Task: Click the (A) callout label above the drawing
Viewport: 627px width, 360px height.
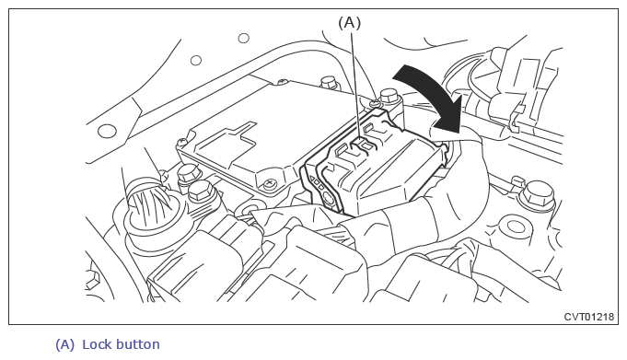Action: tap(349, 23)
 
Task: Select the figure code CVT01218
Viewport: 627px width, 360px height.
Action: tap(588, 317)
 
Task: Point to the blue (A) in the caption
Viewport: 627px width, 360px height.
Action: tap(64, 344)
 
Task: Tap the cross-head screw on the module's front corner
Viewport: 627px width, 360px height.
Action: tap(270, 183)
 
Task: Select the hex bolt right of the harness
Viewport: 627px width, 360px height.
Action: tap(539, 195)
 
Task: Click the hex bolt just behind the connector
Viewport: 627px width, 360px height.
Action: tap(389, 98)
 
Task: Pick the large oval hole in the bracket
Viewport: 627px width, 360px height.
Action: tap(107, 131)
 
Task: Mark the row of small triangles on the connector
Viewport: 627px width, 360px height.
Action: tap(317, 183)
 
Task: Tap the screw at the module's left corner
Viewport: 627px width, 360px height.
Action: tap(182, 142)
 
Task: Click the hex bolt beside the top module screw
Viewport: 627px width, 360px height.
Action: tap(330, 83)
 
